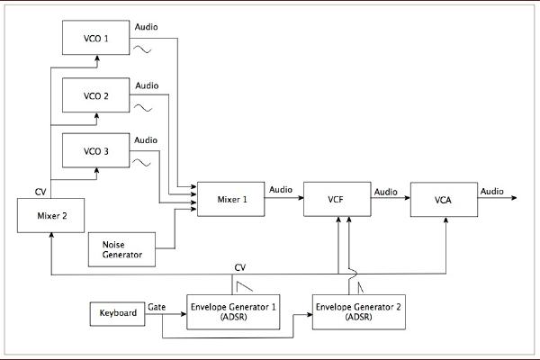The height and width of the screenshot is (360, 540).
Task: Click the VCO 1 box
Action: [94, 39]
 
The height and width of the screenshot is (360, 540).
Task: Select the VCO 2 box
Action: [94, 95]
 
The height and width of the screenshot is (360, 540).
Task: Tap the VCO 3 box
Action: [94, 149]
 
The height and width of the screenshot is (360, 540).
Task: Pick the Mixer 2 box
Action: [51, 215]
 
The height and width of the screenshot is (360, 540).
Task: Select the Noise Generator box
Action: [121, 248]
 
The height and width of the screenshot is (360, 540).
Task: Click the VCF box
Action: [337, 200]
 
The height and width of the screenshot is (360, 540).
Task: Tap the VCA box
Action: [441, 199]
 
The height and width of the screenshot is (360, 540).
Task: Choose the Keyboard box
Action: [118, 313]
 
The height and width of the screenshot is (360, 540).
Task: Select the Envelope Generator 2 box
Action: [358, 312]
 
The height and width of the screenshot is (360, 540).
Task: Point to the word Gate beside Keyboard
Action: [157, 307]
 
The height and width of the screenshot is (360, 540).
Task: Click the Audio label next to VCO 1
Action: [147, 27]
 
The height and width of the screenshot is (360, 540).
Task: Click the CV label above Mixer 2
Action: [40, 192]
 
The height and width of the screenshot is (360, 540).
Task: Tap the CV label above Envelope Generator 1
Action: [239, 267]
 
